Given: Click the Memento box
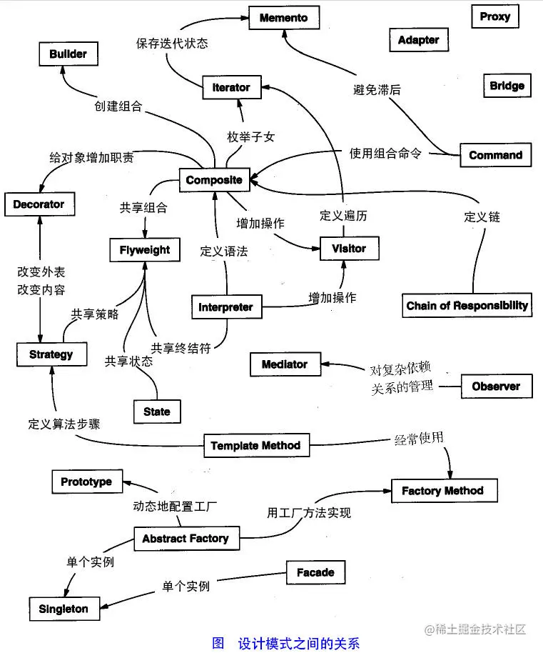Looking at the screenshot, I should [284, 18].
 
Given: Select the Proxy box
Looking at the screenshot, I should [494, 16].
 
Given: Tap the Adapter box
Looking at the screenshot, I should [418, 40].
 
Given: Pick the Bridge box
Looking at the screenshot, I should [507, 86].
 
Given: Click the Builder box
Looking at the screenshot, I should [68, 54].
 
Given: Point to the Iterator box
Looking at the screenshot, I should [231, 87].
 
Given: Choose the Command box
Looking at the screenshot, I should [495, 155].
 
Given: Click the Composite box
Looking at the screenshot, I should [214, 180].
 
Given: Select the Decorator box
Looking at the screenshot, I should [39, 204].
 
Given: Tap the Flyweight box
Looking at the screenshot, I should [145, 250].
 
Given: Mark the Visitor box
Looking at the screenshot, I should [348, 249].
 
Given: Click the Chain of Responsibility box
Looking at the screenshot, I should [467, 305].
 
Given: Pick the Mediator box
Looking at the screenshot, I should [284, 364].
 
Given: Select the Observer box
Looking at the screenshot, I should [496, 387].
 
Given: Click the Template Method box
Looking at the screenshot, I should [255, 446].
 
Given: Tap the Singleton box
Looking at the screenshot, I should [64, 609].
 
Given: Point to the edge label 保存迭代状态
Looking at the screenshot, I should [172, 43].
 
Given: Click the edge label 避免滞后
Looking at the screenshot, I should [377, 89].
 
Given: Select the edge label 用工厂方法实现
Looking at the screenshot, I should [309, 512].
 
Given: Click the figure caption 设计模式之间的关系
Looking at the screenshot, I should [298, 642].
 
